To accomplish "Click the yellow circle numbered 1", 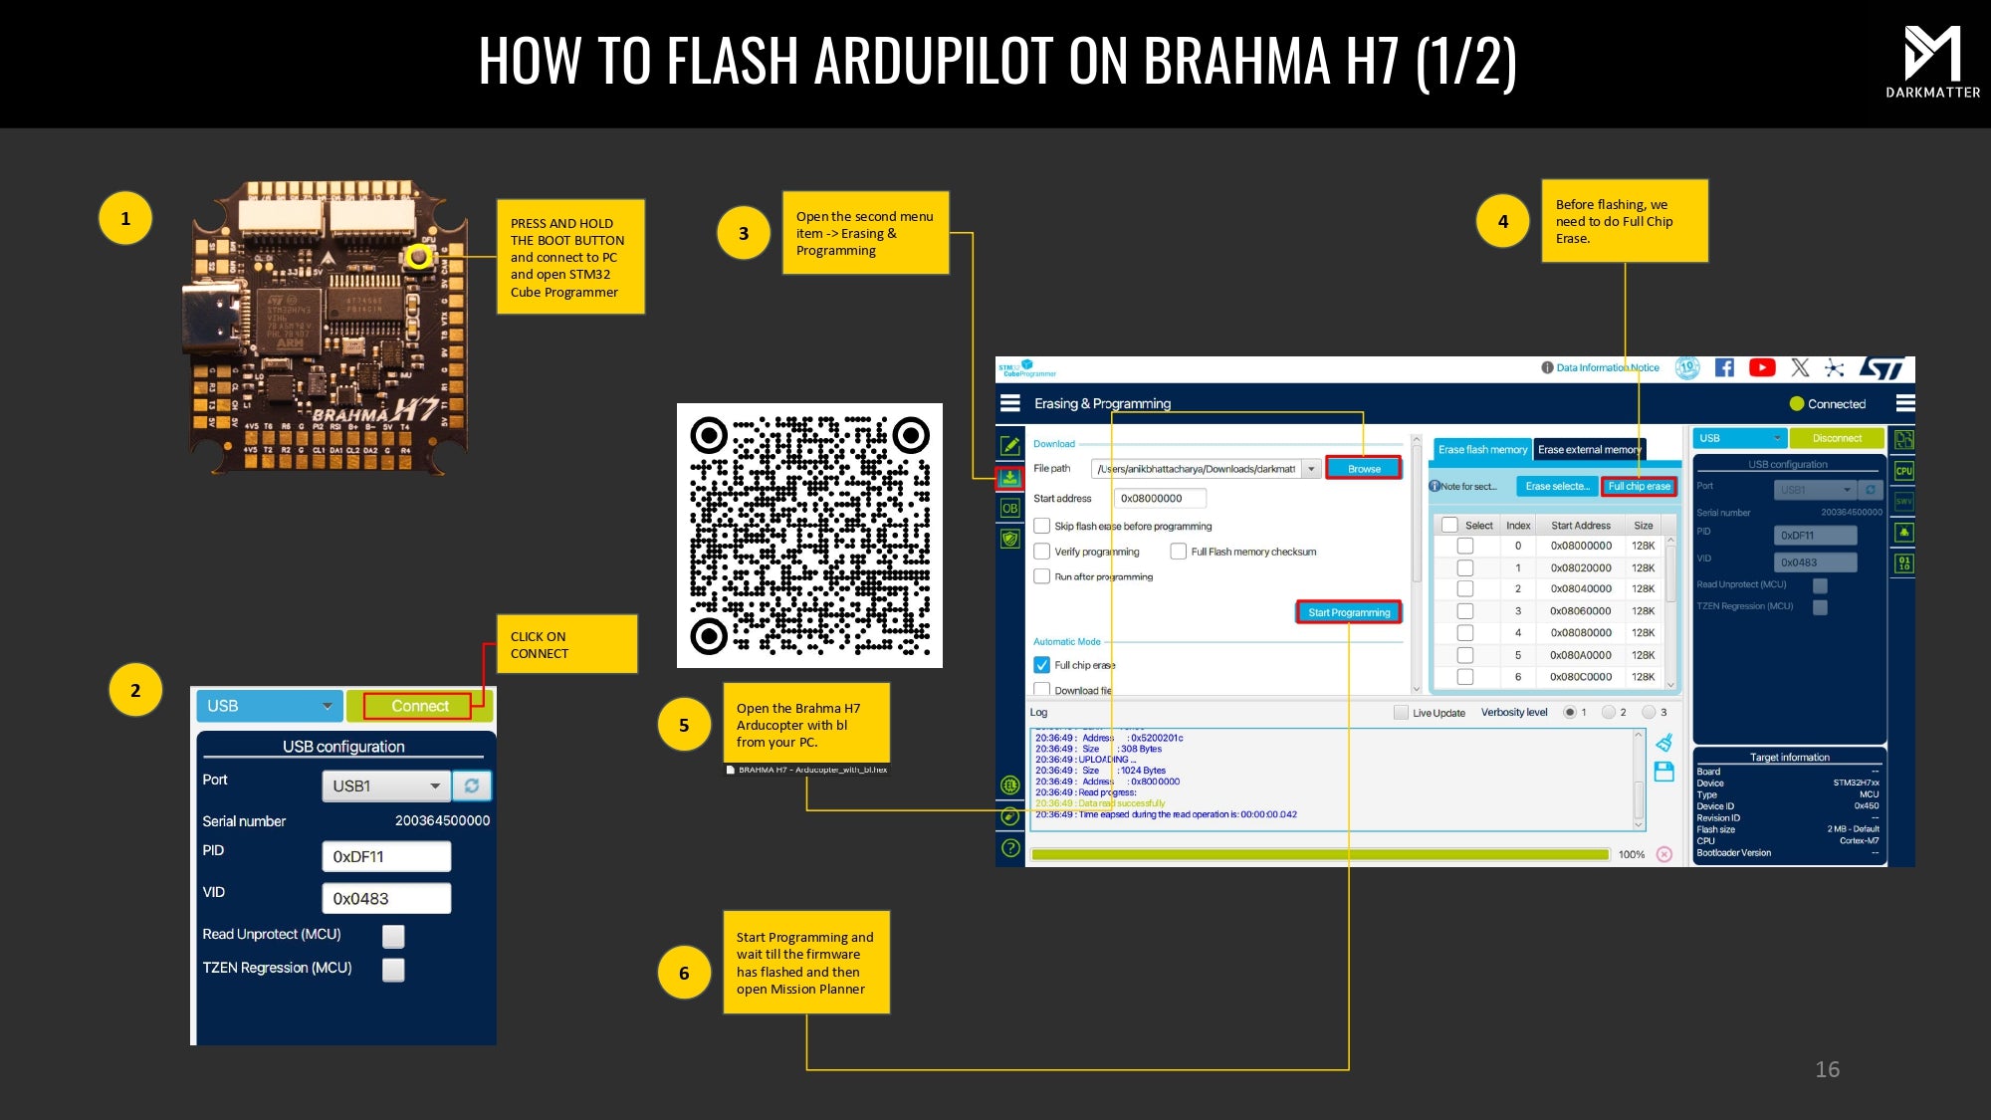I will [x=125, y=218].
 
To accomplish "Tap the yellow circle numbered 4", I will [x=1502, y=221].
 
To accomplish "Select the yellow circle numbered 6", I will [x=684, y=973].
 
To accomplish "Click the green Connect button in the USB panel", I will [x=419, y=706].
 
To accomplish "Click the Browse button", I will [x=1364, y=469].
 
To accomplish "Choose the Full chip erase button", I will [x=1639, y=486].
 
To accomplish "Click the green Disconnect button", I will [x=1837, y=438].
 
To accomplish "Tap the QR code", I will [x=809, y=535].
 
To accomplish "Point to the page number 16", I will [x=1827, y=1069].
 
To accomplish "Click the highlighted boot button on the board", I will [x=419, y=257].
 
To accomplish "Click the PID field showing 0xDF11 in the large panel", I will [x=386, y=856].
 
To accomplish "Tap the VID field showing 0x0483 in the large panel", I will [x=386, y=898].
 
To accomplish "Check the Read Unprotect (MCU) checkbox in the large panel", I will [x=393, y=936].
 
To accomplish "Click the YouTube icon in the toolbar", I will [x=1761, y=367].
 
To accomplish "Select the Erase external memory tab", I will [x=1589, y=450].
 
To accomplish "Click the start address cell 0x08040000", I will [x=1580, y=588].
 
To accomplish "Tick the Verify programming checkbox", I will [x=1042, y=552].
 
